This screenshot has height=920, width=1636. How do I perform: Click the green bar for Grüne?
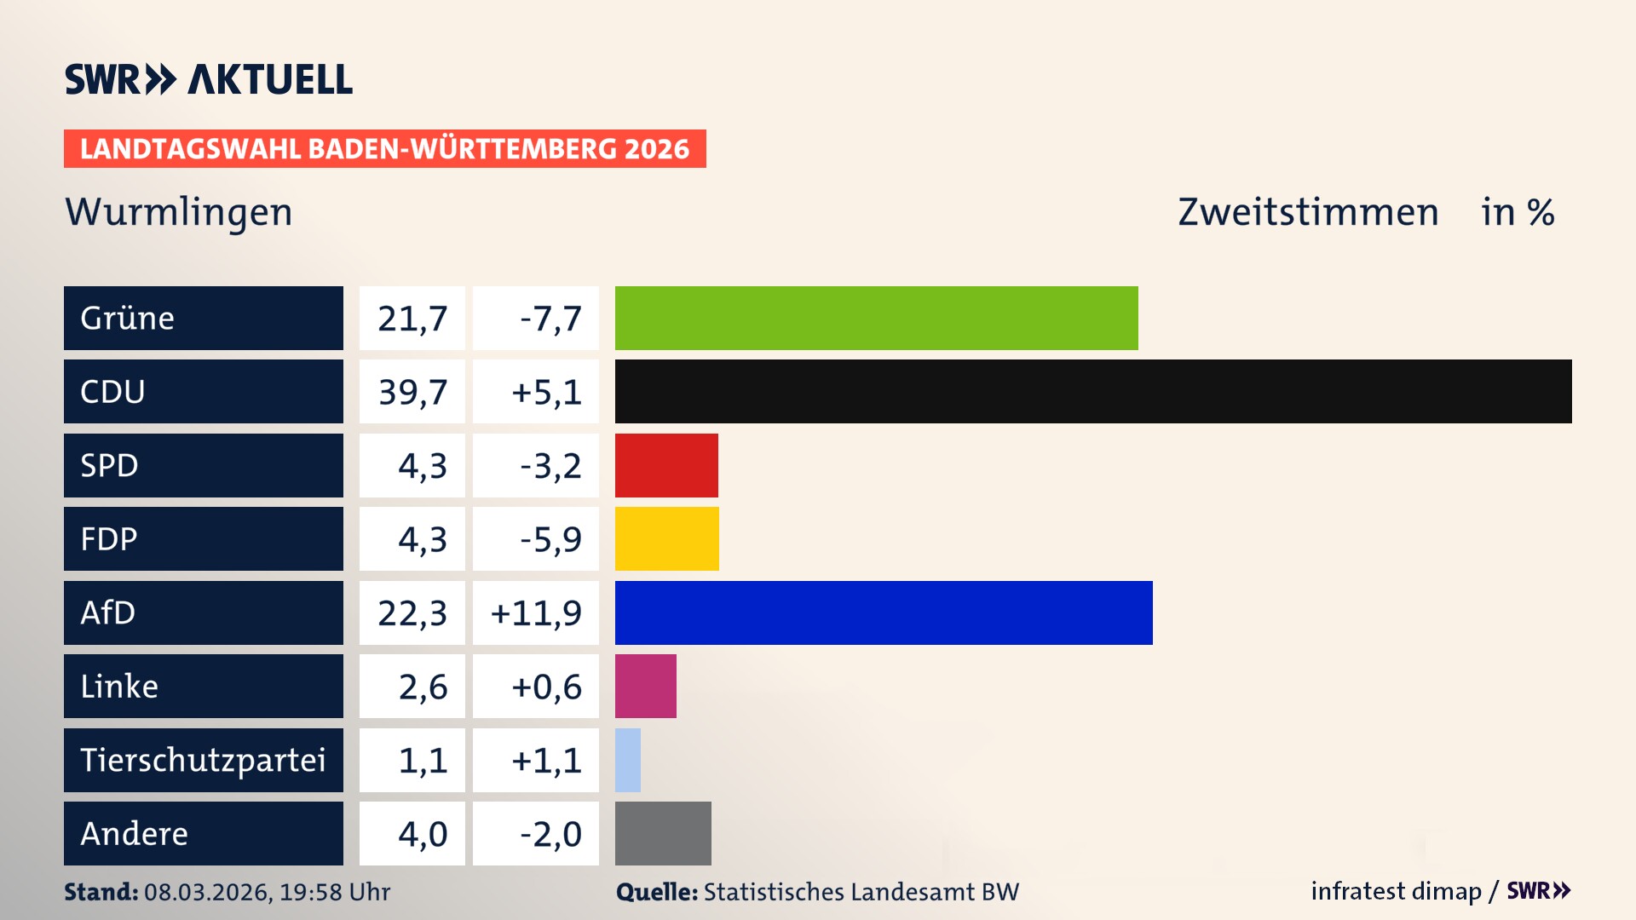[x=876, y=318]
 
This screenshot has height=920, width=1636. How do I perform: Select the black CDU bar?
[x=1093, y=391]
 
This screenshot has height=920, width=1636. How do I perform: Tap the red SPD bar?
[x=666, y=465]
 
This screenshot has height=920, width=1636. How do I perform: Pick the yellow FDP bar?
[x=666, y=538]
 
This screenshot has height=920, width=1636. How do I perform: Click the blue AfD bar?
[x=884, y=612]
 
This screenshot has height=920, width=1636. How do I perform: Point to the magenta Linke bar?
[x=645, y=686]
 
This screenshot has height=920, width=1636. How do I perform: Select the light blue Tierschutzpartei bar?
[x=628, y=760]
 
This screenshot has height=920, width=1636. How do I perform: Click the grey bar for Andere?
[x=663, y=833]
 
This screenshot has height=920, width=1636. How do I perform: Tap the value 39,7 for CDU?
[x=412, y=392]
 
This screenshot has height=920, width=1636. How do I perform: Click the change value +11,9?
[x=536, y=613]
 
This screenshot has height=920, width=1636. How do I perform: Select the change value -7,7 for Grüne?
[x=550, y=319]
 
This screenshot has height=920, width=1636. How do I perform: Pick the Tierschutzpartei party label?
[x=203, y=760]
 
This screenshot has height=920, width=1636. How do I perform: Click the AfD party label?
[x=108, y=612]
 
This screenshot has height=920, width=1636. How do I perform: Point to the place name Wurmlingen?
[x=179, y=212]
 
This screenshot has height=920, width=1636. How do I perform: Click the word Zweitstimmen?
[x=1308, y=212]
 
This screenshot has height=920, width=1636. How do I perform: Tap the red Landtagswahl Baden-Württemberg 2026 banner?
[x=384, y=149]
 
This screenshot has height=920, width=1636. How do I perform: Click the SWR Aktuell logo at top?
[x=209, y=79]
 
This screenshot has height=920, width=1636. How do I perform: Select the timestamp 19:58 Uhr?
[x=335, y=892]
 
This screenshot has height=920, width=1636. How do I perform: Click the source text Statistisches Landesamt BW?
[x=861, y=892]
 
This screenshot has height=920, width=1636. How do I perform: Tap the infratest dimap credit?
[x=1395, y=891]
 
